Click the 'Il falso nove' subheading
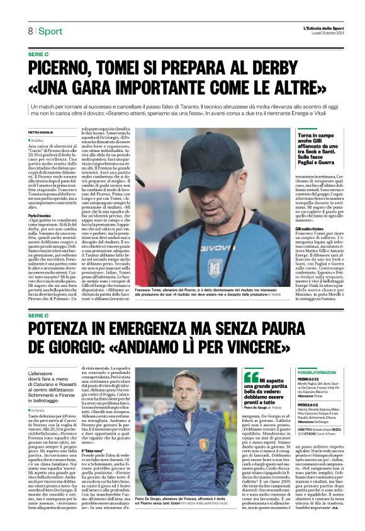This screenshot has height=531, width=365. (94, 452)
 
